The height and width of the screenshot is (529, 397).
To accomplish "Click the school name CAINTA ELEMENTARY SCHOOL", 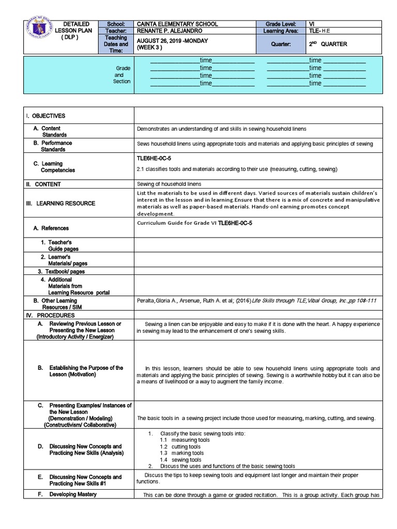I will coord(177,24).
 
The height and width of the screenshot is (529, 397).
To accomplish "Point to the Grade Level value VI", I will coord(312,24).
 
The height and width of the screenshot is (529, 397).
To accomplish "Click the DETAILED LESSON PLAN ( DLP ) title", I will coord(76,31).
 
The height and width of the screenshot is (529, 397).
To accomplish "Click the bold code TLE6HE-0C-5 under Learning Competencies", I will coord(154,159).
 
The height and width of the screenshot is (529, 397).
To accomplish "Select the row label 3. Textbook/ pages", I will coord(61,271).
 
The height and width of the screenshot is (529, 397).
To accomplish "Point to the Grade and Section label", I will coord(123,74).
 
